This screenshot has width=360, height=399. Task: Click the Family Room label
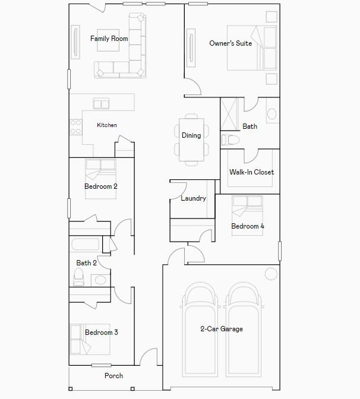click(109, 39)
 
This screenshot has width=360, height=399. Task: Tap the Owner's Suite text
click(230, 43)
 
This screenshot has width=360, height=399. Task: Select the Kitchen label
click(107, 125)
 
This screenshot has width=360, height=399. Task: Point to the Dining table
click(191, 140)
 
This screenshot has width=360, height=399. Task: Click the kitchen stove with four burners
click(75, 127)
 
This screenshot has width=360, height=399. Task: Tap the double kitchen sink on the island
click(101, 103)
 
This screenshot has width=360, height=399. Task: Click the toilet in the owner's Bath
click(230, 140)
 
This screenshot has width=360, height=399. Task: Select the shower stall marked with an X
click(229, 114)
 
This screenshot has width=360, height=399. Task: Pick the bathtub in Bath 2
click(86, 244)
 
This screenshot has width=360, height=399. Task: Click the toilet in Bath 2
click(78, 277)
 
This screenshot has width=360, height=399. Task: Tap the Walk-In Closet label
click(251, 172)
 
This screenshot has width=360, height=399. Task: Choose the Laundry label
click(194, 198)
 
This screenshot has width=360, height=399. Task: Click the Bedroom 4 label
click(248, 226)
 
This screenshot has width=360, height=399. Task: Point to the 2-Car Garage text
click(222, 329)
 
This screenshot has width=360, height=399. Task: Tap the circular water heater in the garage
click(271, 274)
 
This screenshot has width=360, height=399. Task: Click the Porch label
click(114, 376)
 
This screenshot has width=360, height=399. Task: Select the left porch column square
click(71, 389)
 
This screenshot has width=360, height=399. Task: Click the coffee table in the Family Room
click(108, 40)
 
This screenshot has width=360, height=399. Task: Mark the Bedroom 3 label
click(102, 332)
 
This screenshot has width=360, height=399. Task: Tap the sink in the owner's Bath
click(272, 114)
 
